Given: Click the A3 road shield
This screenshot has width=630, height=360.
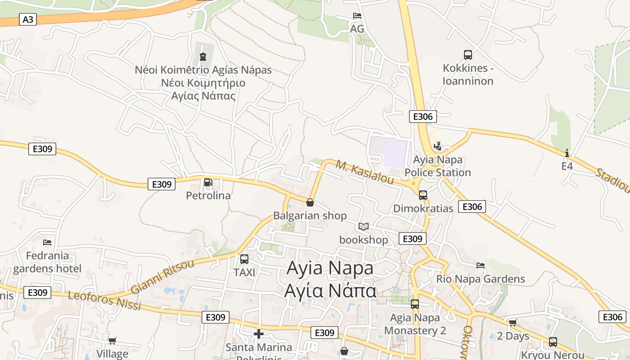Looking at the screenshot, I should (x=28, y=19).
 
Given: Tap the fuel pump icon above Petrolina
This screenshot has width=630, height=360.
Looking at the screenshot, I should (x=208, y=182).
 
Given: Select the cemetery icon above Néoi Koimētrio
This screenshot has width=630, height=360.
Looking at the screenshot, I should (x=203, y=57).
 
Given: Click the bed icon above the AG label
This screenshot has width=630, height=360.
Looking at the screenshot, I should (x=357, y=16).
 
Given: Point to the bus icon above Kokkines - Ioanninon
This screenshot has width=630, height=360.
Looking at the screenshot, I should (x=468, y=55).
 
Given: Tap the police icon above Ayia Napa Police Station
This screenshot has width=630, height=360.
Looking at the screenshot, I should (x=437, y=146).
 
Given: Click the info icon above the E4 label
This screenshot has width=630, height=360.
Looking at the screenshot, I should (x=567, y=153).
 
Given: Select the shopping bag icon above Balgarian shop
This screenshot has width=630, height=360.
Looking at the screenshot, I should (x=310, y=202).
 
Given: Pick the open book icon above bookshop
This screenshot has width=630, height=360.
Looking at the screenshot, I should (x=364, y=226).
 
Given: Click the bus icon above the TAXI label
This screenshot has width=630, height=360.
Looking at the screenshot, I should (x=244, y=259).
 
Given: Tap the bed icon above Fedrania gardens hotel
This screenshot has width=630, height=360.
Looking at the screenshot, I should (x=47, y=243).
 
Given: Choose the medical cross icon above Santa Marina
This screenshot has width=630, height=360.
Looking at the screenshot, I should (x=259, y=334).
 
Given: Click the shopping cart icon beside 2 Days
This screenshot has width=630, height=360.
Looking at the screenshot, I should (x=513, y=323).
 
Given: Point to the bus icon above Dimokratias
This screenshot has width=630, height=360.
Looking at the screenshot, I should (x=423, y=195).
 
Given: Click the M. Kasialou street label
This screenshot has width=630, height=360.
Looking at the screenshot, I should (x=365, y=173).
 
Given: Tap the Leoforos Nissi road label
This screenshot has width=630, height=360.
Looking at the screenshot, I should (x=104, y=301).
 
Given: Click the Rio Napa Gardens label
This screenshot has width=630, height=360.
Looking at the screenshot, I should (x=481, y=279).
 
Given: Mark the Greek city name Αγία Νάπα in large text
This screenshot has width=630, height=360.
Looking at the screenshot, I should (x=330, y=291).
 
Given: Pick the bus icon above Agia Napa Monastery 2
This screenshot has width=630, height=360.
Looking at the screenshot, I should (x=415, y=304).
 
